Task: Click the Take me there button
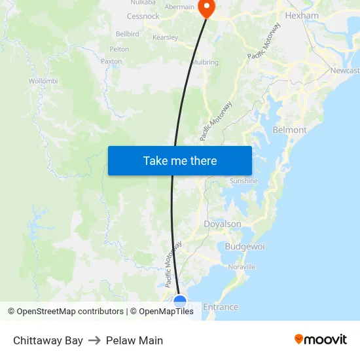(x=180, y=160)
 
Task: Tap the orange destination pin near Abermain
(x=206, y=8)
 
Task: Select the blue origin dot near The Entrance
(x=180, y=302)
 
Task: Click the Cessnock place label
(x=143, y=16)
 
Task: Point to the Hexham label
(x=302, y=15)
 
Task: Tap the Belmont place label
(x=289, y=130)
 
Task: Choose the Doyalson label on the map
(x=223, y=224)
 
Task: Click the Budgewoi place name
(x=245, y=246)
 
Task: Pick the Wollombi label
(x=43, y=81)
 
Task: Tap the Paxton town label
(x=111, y=62)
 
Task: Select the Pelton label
(x=119, y=49)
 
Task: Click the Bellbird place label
(x=127, y=33)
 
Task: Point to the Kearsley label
(x=165, y=37)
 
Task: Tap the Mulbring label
(x=205, y=63)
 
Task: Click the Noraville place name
(x=242, y=267)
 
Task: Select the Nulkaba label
(x=143, y=3)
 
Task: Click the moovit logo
(x=321, y=340)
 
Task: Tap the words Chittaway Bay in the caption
(x=48, y=340)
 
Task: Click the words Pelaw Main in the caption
(x=134, y=340)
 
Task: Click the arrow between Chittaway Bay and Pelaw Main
(x=94, y=340)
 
